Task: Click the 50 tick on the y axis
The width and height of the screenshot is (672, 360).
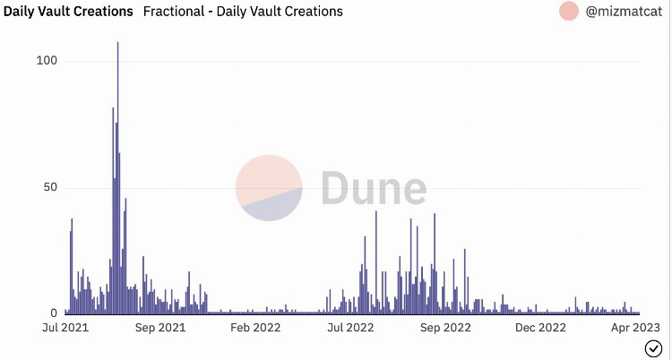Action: pos(49,188)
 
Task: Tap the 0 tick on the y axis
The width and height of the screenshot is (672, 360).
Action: pos(53,313)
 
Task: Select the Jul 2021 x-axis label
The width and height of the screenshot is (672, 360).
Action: pos(64,328)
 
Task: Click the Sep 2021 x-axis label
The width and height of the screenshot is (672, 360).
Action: pos(159,328)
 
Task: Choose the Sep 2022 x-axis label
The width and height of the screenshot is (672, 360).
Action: pos(445,328)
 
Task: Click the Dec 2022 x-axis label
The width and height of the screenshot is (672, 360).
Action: pos(540,328)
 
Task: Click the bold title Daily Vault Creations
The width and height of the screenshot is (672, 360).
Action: pos(68,12)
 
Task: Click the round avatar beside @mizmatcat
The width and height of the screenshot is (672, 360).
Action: pos(569,12)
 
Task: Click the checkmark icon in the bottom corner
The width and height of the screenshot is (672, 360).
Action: pos(653,347)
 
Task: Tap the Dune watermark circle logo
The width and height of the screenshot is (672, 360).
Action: pos(269,188)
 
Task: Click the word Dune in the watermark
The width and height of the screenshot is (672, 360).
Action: pos(373,189)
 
